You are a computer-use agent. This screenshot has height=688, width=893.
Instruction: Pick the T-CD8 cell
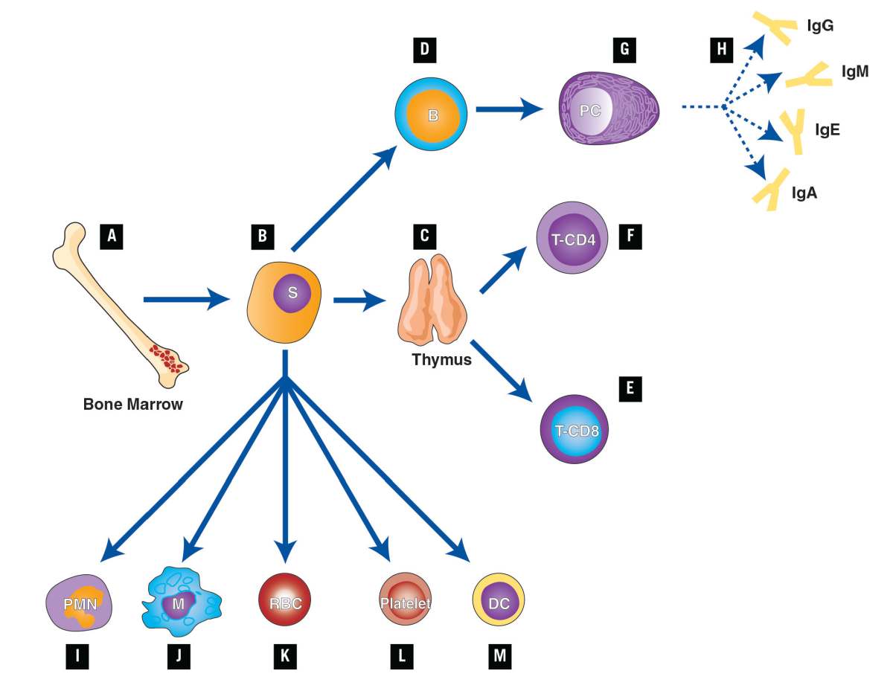[576, 430]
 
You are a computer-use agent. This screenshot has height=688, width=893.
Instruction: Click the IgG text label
[820, 26]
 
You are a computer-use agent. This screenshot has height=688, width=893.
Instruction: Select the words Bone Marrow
[133, 405]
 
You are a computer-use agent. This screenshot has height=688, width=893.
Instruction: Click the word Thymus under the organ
[442, 360]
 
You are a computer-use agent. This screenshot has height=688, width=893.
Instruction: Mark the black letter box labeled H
[720, 50]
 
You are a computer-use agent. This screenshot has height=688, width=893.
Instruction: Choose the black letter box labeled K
[284, 655]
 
